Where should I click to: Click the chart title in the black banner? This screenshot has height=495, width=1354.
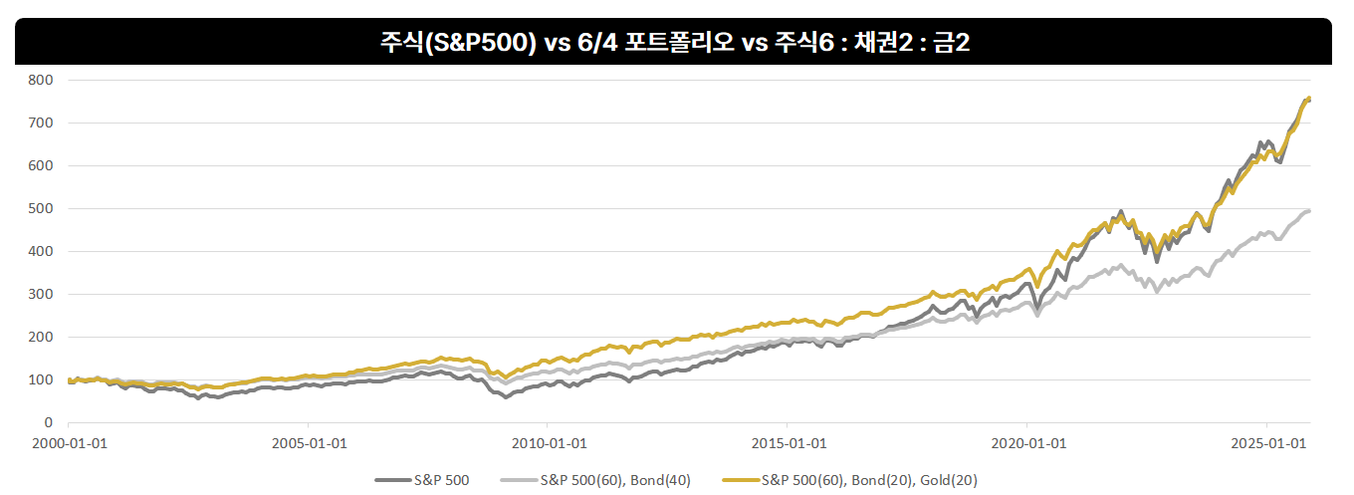tap(676, 42)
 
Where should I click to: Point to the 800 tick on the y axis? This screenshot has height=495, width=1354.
tap(42, 80)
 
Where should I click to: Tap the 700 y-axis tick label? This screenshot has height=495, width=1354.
tap(42, 123)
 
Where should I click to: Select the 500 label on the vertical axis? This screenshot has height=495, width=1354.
tap(42, 208)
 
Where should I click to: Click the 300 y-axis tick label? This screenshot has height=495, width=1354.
tap(42, 294)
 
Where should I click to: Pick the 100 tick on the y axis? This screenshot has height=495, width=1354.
tap(42, 379)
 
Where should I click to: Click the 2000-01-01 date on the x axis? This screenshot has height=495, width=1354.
tap(69, 442)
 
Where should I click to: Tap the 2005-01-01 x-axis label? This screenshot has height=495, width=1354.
tap(309, 442)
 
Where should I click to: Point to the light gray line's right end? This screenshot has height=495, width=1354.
tap(1308, 210)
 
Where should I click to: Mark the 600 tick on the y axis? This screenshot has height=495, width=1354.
tap(42, 165)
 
